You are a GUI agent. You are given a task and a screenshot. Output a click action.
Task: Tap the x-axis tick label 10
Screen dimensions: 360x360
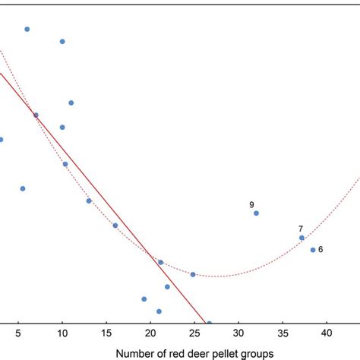click(x=62, y=333)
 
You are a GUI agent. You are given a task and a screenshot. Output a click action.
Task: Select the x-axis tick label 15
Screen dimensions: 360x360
click(x=106, y=333)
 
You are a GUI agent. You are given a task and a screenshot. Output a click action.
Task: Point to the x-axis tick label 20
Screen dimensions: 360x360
click(x=150, y=333)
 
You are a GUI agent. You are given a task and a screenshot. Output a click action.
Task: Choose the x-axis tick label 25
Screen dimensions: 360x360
click(x=194, y=333)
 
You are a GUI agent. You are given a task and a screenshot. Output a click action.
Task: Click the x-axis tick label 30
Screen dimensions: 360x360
click(x=238, y=333)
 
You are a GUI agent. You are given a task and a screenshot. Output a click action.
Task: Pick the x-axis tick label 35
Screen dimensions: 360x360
click(x=283, y=333)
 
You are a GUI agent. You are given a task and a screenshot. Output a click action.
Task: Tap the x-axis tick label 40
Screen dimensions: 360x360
click(x=327, y=333)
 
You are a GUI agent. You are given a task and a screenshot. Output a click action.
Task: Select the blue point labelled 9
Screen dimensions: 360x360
click(x=256, y=213)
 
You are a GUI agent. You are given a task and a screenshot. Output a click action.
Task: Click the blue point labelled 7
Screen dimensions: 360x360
click(x=302, y=238)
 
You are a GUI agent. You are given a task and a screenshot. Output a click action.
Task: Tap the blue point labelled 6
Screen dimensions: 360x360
click(x=312, y=249)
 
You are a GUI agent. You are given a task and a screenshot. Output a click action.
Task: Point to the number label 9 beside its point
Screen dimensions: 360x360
click(x=251, y=204)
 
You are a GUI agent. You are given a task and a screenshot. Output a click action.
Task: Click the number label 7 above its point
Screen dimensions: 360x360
click(x=301, y=229)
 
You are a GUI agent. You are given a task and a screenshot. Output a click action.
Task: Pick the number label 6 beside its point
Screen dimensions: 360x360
click(x=321, y=249)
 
